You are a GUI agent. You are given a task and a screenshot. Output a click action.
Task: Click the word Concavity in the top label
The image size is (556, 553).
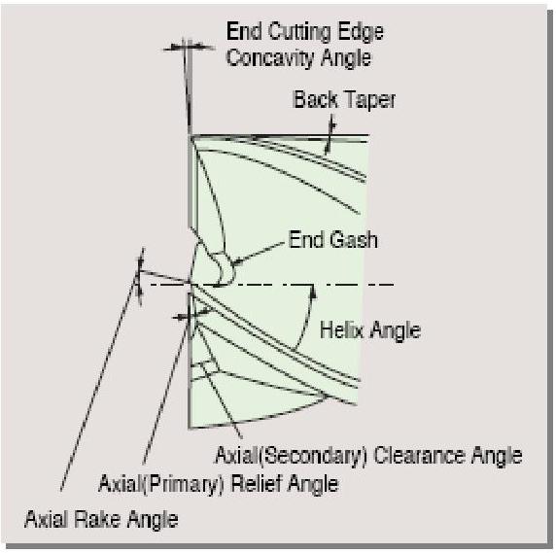coord(271,57)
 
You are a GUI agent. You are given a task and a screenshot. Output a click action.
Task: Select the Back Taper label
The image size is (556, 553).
coord(344,99)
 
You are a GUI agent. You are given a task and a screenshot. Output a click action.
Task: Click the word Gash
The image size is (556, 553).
coord(354,240)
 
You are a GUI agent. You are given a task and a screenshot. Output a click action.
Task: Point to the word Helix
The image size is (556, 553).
coord(341,330)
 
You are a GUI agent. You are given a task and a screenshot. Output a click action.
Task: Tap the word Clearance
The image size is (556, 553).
coord(420,456)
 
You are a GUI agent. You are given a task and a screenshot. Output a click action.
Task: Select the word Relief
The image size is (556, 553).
coord(257,484)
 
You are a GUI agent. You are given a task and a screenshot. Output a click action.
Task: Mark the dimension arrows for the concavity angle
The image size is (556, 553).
coord(189,48)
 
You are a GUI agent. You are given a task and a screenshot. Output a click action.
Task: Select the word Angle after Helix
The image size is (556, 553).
coord(396,331)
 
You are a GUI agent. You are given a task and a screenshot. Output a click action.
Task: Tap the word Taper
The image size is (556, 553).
coord(368,100)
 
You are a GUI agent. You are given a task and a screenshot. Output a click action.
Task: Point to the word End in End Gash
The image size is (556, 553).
coord(306,240)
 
